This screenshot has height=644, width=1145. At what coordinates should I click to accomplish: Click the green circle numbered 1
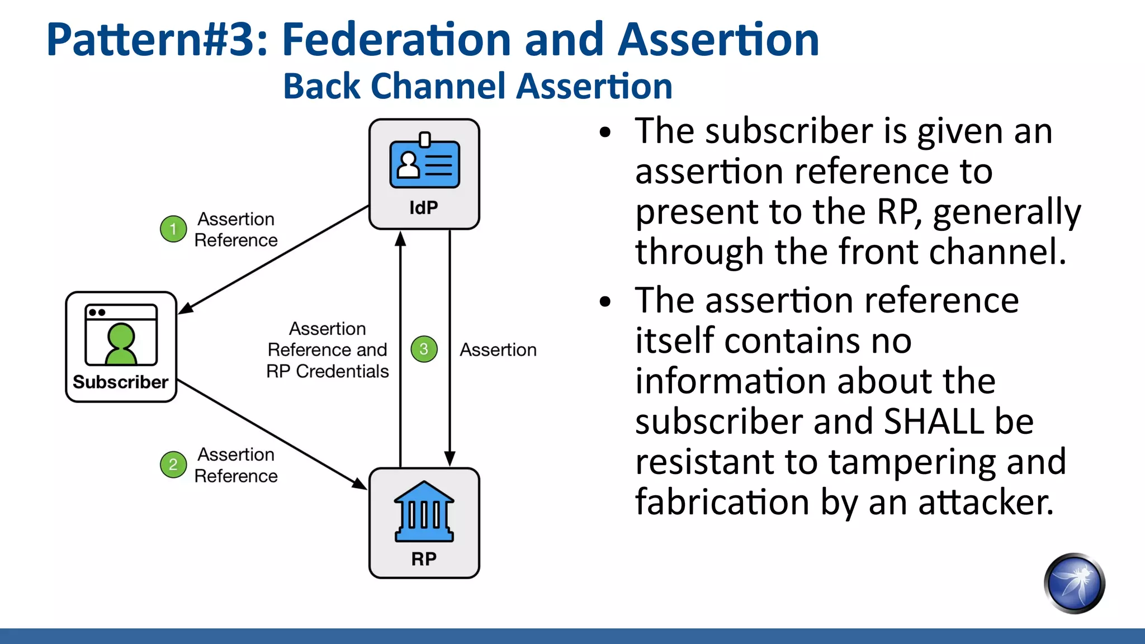[x=173, y=229]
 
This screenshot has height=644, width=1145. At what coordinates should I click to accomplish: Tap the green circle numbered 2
[x=173, y=465]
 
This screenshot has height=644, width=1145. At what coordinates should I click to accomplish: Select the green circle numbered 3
[x=424, y=349]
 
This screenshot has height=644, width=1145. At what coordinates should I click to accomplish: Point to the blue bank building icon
[x=424, y=512]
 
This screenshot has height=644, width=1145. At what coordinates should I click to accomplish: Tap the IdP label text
[x=424, y=208]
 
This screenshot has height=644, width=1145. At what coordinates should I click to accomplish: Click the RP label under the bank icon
[x=424, y=558]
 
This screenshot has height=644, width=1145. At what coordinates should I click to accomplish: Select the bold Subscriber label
[x=120, y=382]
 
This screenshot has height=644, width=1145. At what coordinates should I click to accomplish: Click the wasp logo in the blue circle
[x=1074, y=584]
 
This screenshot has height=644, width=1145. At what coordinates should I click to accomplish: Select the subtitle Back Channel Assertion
[x=477, y=87]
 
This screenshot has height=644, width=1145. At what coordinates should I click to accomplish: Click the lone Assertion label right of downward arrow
[x=498, y=350]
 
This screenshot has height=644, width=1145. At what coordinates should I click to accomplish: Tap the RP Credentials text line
[x=327, y=371]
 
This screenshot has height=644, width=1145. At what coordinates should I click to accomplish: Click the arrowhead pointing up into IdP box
[x=400, y=239]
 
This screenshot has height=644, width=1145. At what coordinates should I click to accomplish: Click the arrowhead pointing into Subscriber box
[x=187, y=307]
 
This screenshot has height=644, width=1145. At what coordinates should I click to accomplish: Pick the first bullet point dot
[x=605, y=133]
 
